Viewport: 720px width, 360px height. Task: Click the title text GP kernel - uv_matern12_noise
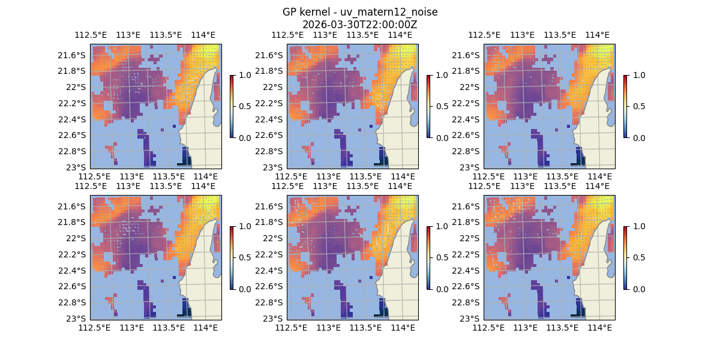[359, 13]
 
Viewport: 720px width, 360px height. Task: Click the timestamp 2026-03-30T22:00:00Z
[359, 25]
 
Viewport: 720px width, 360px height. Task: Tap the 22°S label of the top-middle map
[275, 87]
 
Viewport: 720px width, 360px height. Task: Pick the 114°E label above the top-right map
[596, 35]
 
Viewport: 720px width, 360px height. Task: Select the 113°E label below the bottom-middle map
[328, 328]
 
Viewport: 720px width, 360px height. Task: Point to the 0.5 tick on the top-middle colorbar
[438, 106]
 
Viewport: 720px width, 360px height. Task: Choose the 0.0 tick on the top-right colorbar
[635, 137]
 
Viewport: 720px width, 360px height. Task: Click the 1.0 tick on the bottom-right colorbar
[635, 226]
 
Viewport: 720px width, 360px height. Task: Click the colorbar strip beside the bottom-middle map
[428, 257]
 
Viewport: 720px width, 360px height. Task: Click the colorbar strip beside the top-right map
[625, 106]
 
